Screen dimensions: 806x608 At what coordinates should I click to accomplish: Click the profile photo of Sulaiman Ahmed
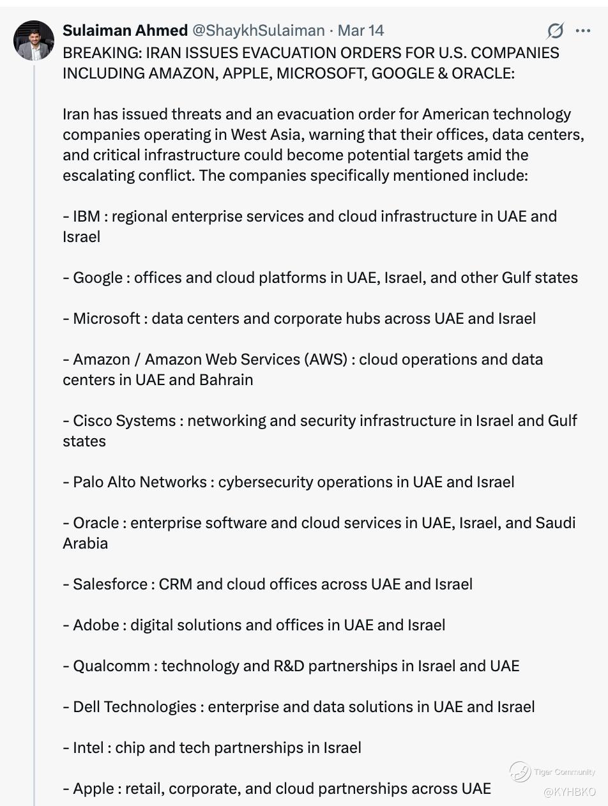pyautogui.click(x=34, y=40)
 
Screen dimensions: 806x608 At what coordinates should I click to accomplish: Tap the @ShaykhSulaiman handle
pyautogui.click(x=258, y=31)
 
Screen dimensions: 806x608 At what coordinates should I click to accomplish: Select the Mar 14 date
pyautogui.click(x=361, y=31)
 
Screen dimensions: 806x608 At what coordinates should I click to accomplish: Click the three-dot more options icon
pyautogui.click(x=582, y=31)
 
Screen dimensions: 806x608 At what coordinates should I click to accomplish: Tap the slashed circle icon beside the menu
pyautogui.click(x=556, y=31)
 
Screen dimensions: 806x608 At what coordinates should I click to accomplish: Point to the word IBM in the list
pyautogui.click(x=86, y=217)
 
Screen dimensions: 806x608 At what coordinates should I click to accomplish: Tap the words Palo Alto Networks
pyautogui.click(x=140, y=482)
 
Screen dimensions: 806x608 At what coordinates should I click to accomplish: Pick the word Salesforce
pyautogui.click(x=110, y=584)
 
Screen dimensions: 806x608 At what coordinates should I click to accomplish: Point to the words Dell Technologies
pyautogui.click(x=135, y=707)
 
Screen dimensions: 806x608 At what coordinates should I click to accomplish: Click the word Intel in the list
pyautogui.click(x=88, y=748)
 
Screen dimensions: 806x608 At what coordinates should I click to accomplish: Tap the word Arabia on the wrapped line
pyautogui.click(x=86, y=544)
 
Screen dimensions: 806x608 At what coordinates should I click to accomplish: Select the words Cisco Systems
pyautogui.click(x=125, y=421)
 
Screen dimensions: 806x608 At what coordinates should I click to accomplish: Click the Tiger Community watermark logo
pyautogui.click(x=520, y=772)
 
